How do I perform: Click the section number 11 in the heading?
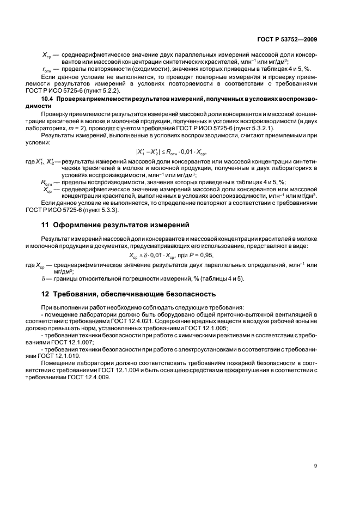46,224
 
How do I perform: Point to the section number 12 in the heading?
46,294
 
